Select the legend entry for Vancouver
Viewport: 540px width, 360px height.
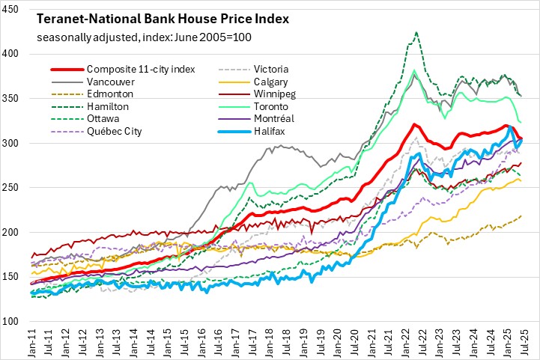pos(108,83)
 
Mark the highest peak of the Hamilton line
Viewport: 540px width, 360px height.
pos(416,32)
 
